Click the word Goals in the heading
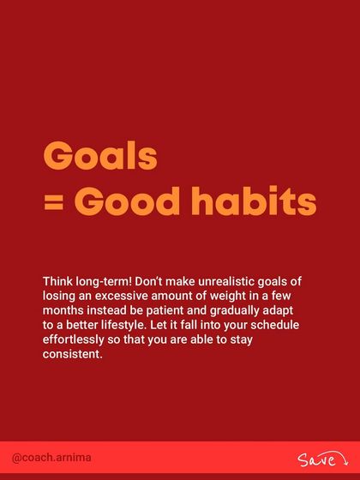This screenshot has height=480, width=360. coord(100,156)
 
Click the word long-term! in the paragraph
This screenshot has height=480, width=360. coord(104,281)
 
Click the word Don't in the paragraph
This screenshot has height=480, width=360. coord(152,281)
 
